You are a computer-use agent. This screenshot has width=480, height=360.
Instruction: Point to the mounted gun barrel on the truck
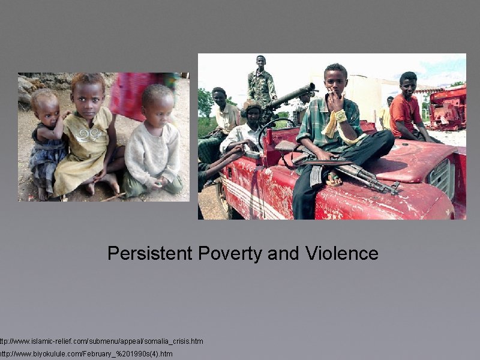tap(291, 96)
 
